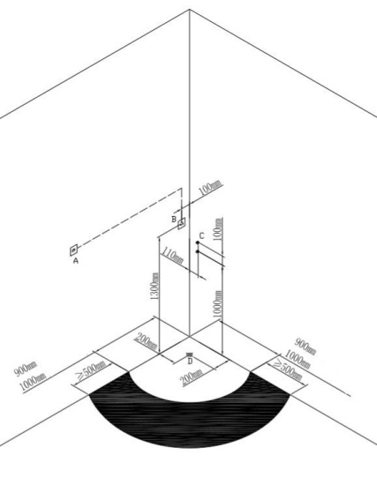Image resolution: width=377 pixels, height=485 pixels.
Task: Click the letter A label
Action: coord(76,261)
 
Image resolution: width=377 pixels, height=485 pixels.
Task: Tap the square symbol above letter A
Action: coord(73,250)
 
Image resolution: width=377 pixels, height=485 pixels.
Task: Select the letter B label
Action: coord(174,220)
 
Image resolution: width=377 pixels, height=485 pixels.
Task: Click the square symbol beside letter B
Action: coord(182,224)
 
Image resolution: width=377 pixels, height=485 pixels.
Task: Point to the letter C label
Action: coord(201,236)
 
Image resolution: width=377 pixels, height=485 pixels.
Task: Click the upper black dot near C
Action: coord(198,242)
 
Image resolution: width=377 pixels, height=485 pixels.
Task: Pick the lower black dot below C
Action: coord(198,252)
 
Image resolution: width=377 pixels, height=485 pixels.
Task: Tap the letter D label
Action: coord(190,361)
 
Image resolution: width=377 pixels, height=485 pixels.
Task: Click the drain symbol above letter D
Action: coord(190,354)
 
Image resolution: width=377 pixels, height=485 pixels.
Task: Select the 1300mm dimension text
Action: coord(155,286)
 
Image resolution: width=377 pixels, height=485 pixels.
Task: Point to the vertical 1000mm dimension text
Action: coord(218,304)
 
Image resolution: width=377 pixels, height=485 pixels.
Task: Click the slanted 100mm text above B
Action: coord(210,188)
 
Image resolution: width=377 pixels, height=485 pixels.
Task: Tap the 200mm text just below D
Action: coord(192,377)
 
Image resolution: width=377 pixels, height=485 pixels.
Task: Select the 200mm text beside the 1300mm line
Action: coord(146,341)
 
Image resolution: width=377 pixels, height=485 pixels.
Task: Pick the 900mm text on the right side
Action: coord(305,347)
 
